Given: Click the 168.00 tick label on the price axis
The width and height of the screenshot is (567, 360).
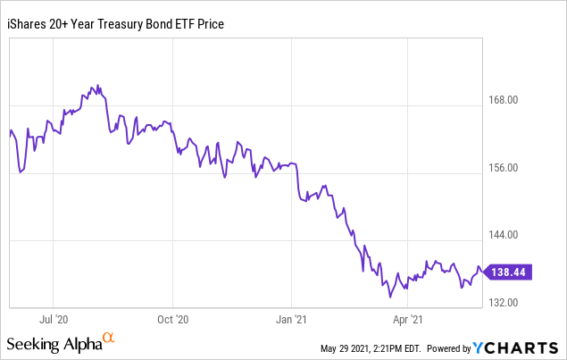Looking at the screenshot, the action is (503, 100).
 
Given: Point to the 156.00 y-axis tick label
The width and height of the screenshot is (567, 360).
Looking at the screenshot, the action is (503, 168).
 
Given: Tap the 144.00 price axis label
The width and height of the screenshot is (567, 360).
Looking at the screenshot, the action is (503, 235).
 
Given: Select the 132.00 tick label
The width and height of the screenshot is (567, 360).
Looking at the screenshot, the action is (503, 303).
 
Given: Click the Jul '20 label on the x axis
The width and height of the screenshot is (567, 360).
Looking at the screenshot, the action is (54, 320).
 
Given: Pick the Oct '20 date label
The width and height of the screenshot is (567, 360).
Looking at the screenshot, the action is (173, 320).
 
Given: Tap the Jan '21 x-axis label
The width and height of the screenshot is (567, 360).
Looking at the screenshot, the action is (291, 320).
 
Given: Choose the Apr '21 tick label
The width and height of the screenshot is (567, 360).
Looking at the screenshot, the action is (407, 320).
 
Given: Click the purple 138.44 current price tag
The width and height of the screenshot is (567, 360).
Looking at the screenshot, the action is (508, 272).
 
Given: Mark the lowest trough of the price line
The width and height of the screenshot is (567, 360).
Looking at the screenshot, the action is (390, 297).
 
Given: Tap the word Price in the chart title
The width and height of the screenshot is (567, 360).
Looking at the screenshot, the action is (211, 24).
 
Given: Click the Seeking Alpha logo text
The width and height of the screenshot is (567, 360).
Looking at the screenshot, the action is (54, 344).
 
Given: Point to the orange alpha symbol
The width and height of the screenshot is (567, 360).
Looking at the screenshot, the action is (108, 338).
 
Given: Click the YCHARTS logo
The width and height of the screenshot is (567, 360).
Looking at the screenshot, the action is (515, 348).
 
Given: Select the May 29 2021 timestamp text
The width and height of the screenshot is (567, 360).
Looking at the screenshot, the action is (371, 348).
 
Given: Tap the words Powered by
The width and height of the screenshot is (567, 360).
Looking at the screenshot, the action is (449, 348).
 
